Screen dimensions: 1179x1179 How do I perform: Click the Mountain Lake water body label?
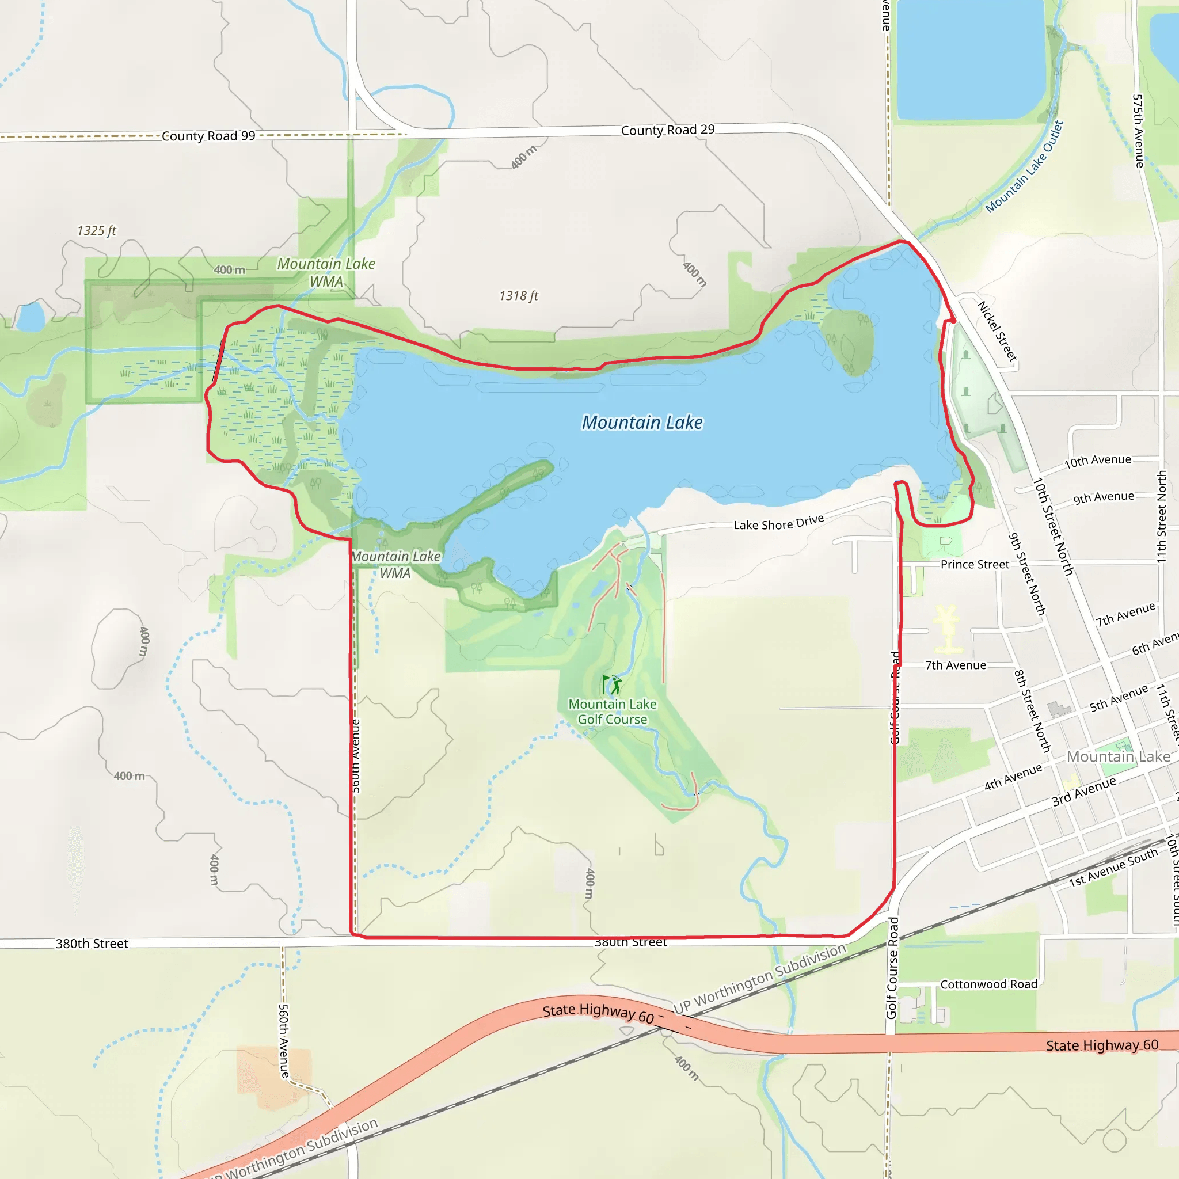click(x=642, y=423)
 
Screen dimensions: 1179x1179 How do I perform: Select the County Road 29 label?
click(x=668, y=130)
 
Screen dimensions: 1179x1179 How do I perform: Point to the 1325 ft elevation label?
click(x=96, y=231)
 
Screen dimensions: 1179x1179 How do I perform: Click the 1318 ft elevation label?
click(x=519, y=296)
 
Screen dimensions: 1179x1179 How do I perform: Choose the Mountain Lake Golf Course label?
click(x=612, y=712)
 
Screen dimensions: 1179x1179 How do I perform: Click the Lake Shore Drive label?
click(x=779, y=522)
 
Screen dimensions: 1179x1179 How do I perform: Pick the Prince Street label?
click(x=975, y=565)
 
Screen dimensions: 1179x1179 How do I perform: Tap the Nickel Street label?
click(x=997, y=332)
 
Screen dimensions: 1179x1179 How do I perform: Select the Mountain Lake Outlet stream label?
click(x=1025, y=166)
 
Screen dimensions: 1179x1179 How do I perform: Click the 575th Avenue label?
click(x=1139, y=131)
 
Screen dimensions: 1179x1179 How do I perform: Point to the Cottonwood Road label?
click(x=988, y=984)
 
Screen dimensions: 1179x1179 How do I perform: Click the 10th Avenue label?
click(x=1098, y=461)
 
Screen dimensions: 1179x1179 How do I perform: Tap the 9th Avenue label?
click(x=1104, y=497)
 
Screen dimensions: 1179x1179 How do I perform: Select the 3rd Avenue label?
click(x=1084, y=791)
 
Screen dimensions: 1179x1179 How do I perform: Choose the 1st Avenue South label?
click(x=1113, y=868)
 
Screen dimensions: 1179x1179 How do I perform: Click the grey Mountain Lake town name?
click(x=1119, y=756)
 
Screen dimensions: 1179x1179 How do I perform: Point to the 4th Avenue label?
click(x=1013, y=777)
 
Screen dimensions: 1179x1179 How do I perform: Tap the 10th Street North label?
click(x=1053, y=526)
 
